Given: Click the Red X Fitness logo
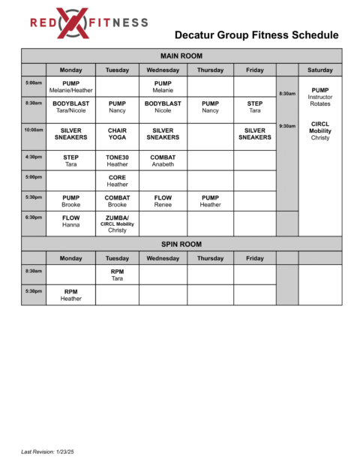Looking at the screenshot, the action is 88,23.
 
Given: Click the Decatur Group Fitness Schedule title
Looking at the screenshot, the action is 256,35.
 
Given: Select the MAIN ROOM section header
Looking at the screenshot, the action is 181,56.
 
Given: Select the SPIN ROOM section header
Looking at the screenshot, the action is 181,244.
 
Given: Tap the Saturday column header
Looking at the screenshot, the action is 320,70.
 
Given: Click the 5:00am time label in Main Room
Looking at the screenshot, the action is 34,83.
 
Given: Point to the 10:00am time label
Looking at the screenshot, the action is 34,130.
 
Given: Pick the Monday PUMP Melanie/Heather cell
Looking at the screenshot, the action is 71,86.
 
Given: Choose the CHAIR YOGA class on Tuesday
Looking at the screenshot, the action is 117,134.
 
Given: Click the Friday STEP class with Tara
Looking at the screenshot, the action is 255,107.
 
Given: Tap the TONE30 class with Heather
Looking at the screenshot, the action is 117,161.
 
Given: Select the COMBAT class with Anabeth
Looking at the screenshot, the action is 163,161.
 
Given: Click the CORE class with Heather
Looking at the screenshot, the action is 117,181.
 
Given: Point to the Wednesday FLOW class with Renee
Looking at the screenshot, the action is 163,201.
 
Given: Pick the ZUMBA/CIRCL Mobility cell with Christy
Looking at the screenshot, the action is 117,223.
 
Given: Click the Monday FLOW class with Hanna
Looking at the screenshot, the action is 71,221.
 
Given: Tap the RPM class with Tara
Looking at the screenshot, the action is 117,275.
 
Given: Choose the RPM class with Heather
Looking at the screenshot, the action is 71,295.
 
